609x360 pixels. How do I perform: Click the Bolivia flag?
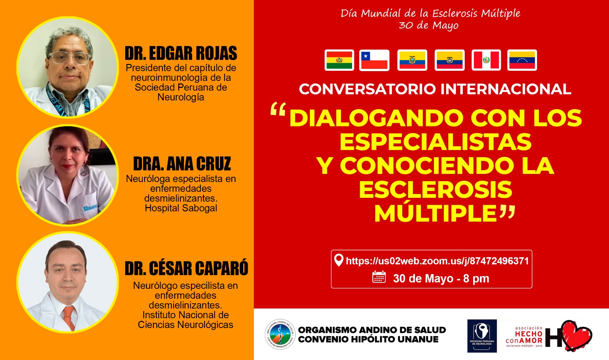point(339,60)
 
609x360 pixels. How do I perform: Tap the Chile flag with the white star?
point(374,60)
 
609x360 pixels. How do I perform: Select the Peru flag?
point(486,60)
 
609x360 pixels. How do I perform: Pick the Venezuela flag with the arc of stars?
point(522,60)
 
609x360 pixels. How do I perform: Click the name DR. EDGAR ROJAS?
point(181,53)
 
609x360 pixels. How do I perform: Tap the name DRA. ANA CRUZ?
point(182,164)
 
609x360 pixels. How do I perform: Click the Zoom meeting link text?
point(437,261)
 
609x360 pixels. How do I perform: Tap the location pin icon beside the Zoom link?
point(338,260)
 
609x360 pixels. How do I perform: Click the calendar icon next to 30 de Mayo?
point(379,277)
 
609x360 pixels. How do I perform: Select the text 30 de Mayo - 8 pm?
point(441,279)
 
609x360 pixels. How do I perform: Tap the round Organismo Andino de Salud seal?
point(280,334)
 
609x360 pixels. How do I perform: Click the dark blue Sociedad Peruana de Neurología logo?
point(482,336)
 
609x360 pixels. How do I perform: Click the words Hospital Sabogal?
point(181,208)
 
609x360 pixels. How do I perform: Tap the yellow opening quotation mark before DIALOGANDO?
point(278,109)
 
